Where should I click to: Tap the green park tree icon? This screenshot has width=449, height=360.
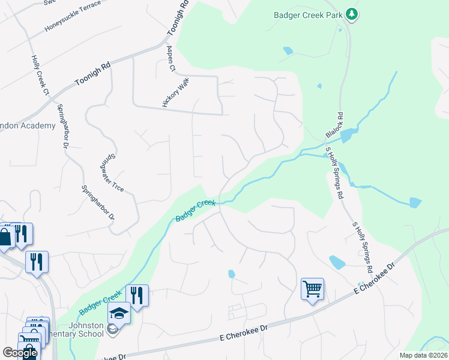[351, 14]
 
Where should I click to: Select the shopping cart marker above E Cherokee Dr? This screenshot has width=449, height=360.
[312, 290]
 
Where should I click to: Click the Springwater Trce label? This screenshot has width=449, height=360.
[111, 172]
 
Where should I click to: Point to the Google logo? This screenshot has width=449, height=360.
[19, 353]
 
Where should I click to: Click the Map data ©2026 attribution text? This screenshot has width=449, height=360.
[424, 355]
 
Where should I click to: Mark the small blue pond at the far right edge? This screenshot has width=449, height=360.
[415, 203]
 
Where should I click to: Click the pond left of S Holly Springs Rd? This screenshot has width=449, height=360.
[337, 262]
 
